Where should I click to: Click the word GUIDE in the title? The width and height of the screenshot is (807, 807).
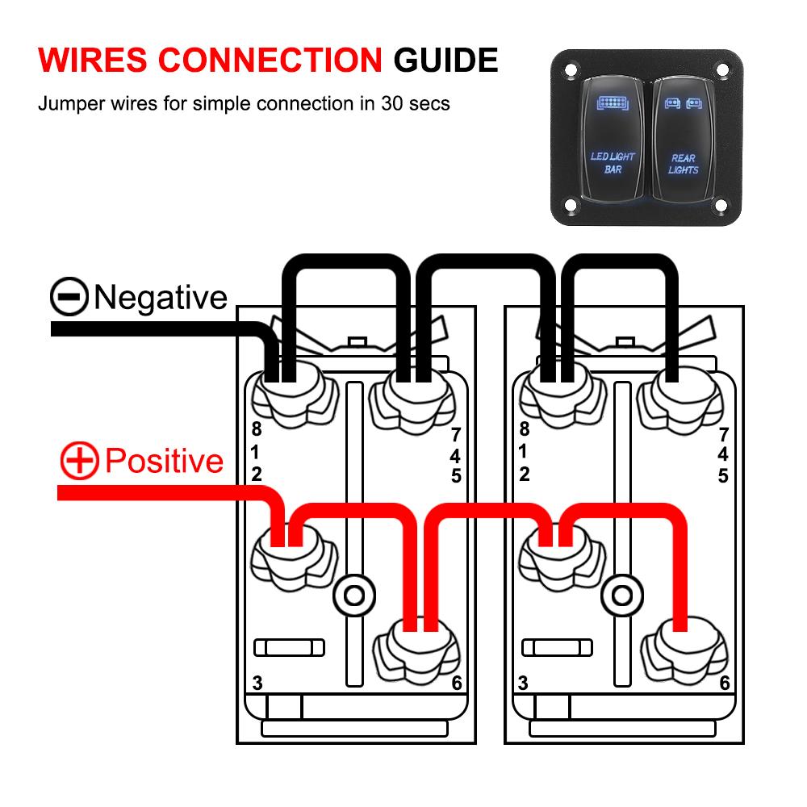click(445, 61)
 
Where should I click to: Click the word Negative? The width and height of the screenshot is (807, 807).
click(161, 297)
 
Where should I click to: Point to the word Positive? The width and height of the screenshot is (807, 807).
click(164, 462)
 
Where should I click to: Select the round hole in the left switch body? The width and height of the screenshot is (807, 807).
click(353, 596)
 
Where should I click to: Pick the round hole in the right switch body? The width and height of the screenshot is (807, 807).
click(621, 596)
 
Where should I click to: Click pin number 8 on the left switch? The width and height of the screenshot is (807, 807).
click(256, 429)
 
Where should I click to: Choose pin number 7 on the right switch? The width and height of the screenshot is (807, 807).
click(723, 436)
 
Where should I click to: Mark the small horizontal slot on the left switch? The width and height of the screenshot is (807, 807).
click(289, 647)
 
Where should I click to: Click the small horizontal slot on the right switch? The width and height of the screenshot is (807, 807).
click(557, 647)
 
